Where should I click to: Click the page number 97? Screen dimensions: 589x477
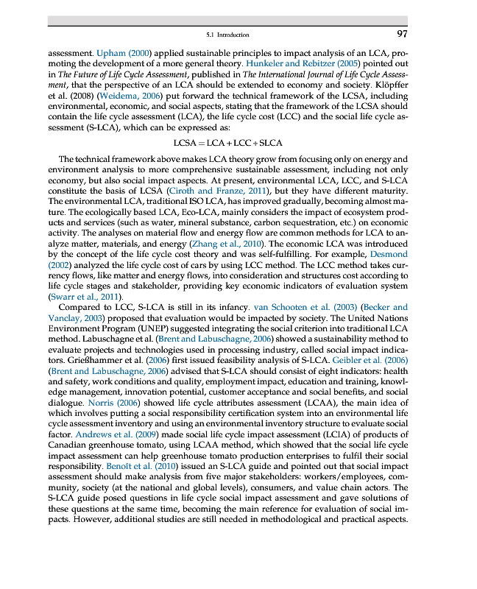402,34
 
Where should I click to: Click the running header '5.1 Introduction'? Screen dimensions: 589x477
229,35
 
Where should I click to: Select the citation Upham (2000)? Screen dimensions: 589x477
119,54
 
